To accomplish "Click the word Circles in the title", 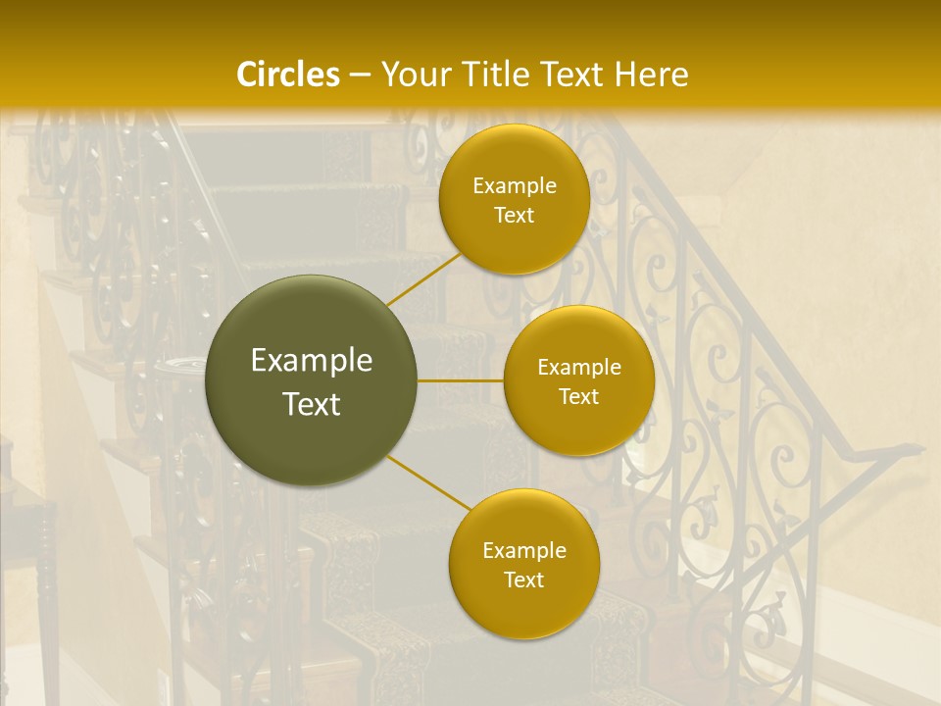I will [x=288, y=75].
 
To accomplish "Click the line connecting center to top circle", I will [x=423, y=279].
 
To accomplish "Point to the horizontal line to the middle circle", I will [x=460, y=379].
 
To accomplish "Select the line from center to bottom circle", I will [x=428, y=484].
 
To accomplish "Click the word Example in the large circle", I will [x=312, y=361].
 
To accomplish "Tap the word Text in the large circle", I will [x=312, y=404].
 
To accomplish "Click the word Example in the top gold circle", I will [x=515, y=186].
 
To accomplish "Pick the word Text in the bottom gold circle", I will [x=523, y=580].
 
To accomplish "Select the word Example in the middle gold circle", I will [x=579, y=368].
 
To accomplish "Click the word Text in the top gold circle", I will [x=514, y=216].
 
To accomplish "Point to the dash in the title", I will [x=360, y=76].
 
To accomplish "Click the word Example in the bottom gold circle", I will [x=524, y=551].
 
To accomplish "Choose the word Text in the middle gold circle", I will [x=578, y=397].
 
